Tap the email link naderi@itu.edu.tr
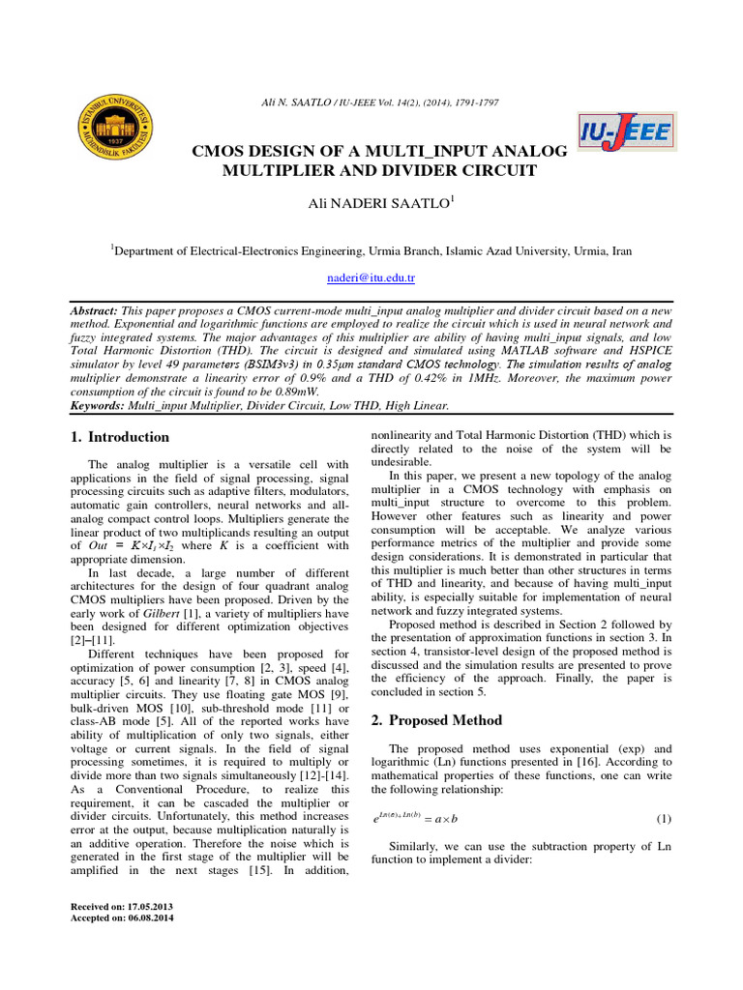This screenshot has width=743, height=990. [372, 277]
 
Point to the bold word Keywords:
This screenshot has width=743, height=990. [100, 406]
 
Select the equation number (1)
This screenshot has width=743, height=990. [664, 819]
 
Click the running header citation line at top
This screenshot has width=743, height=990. [371, 102]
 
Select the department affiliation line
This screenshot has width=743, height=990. [371, 250]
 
